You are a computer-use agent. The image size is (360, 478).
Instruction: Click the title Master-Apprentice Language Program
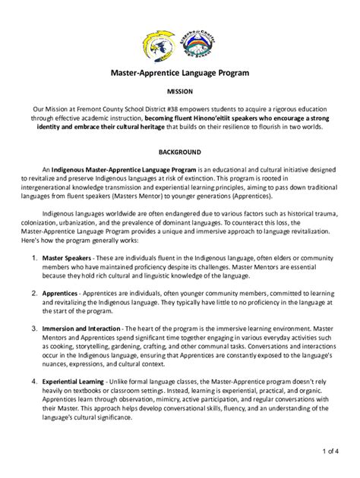(179, 74)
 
